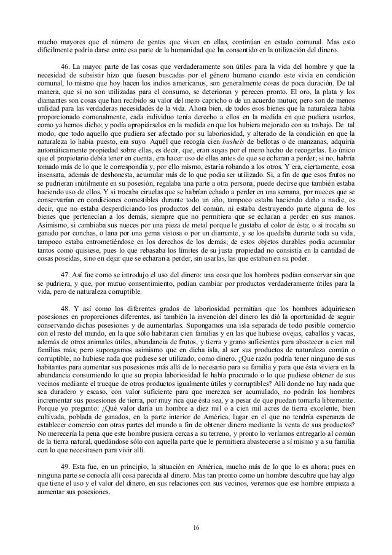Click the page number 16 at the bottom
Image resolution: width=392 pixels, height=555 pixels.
click(196, 527)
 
